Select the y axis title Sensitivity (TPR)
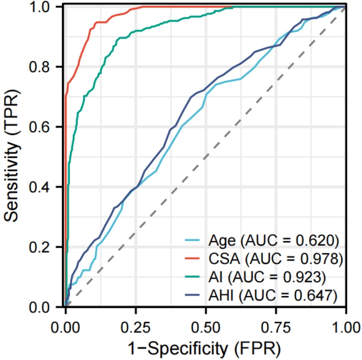(x=15, y=157)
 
